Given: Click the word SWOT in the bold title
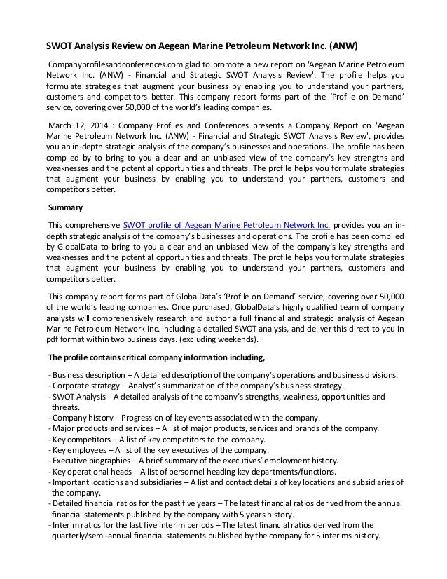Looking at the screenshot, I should coord(60,48).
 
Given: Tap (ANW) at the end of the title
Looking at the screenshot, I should coord(343,48).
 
